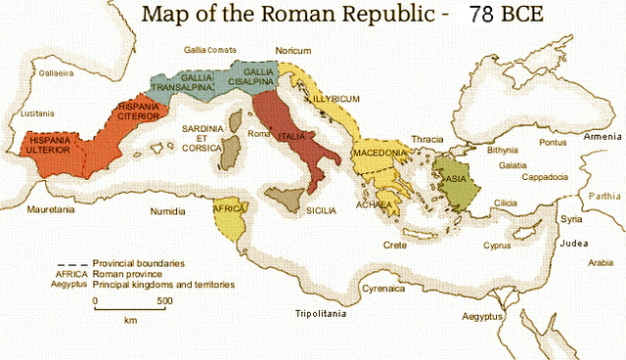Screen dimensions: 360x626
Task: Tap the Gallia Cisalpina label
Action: (258, 77)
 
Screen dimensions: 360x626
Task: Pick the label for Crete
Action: (394, 244)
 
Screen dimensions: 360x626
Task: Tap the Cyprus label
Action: (497, 245)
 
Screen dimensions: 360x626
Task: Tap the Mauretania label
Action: (52, 210)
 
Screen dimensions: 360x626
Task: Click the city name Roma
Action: (258, 133)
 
